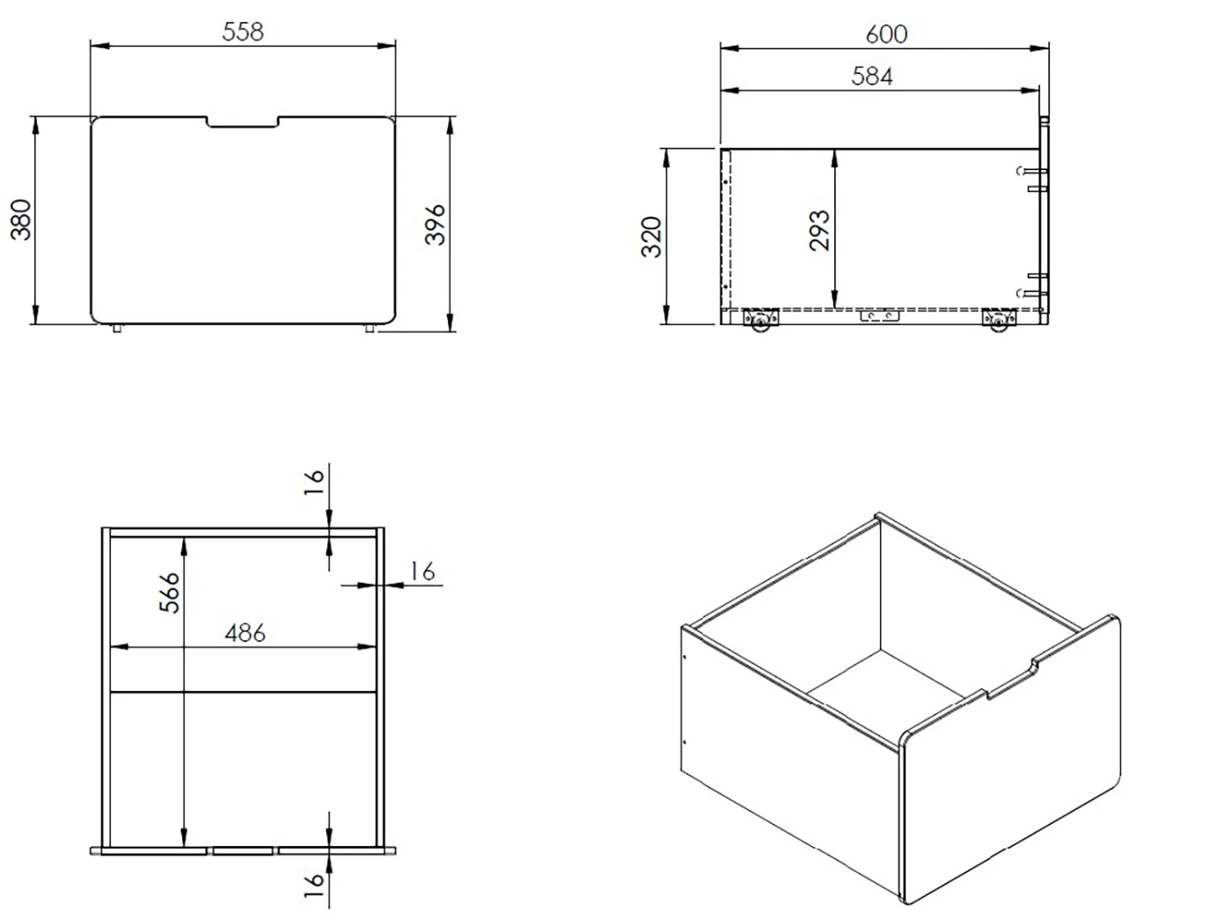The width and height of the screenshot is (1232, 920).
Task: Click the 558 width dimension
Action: click(x=243, y=32)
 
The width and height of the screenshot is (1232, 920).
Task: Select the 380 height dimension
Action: click(x=21, y=219)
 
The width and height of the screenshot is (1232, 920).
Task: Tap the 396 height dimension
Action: click(x=435, y=224)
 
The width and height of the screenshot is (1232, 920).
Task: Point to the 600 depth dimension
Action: click(x=886, y=34)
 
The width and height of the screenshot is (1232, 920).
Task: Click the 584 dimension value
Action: click(x=872, y=77)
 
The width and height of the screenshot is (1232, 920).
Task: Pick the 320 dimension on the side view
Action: click(x=652, y=236)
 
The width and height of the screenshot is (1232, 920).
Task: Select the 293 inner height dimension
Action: click(x=819, y=230)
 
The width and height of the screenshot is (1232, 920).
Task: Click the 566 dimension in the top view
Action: click(x=169, y=592)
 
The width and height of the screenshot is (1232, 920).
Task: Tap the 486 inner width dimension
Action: click(x=245, y=633)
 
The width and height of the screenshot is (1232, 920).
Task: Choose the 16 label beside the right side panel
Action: click(x=422, y=571)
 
